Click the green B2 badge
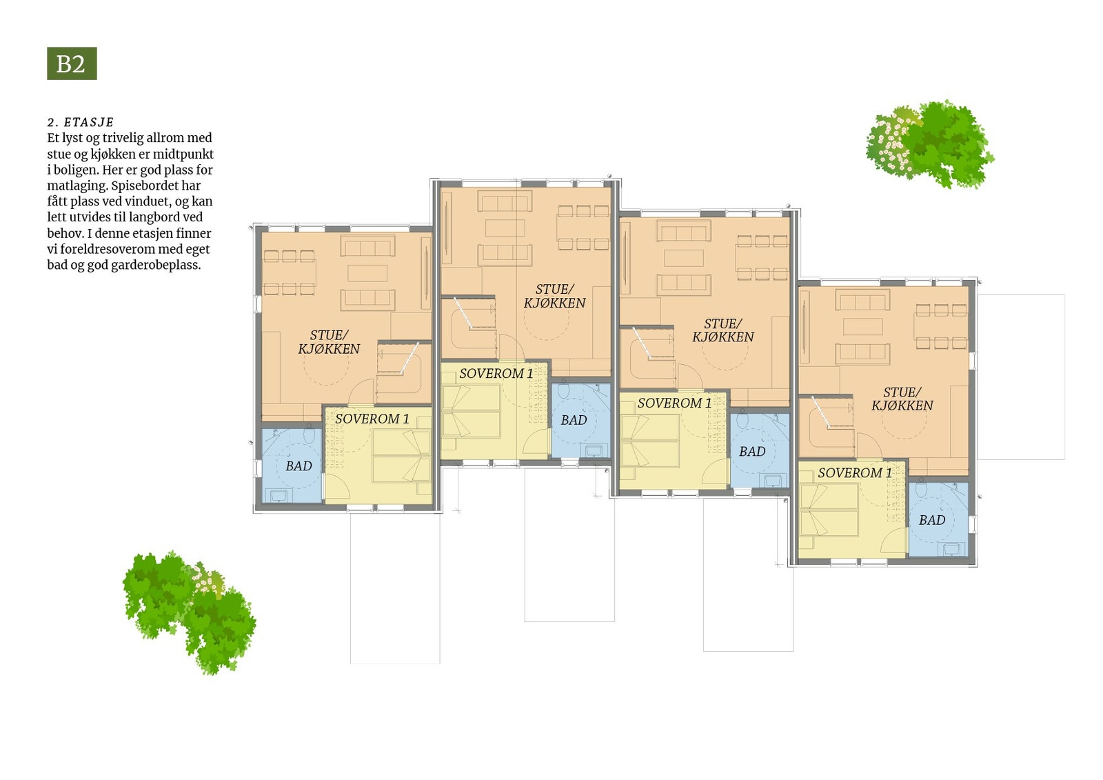point(72,63)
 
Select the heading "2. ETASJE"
point(81,122)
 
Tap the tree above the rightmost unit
point(929,144)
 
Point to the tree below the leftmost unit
point(189,609)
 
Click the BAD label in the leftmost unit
point(298,466)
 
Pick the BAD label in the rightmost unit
point(932,520)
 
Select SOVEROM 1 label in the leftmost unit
point(372,419)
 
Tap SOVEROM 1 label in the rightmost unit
point(855,473)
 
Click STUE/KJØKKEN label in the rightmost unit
point(902,399)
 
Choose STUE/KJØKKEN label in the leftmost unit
point(329,342)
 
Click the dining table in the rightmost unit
point(940,326)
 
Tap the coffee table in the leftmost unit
point(367,273)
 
